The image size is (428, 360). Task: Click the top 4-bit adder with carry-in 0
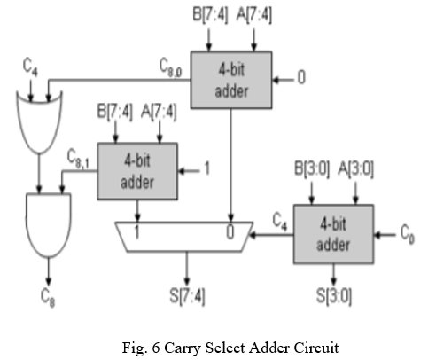[231, 80]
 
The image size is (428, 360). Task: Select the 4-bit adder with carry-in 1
[137, 171]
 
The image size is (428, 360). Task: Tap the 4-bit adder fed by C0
[333, 234]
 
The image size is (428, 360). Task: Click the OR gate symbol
[39, 122]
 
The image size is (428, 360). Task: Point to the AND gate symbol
[49, 225]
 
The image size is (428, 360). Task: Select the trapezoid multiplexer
[184, 237]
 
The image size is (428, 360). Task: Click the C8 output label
[48, 298]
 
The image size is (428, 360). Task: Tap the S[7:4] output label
[187, 296]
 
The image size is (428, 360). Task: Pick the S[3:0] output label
[334, 296]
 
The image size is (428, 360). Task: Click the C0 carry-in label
[408, 234]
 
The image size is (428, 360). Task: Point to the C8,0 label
[171, 67]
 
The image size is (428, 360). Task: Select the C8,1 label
[78, 159]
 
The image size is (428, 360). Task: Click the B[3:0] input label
[312, 169]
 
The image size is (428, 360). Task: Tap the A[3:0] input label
[355, 169]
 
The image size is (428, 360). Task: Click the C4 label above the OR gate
[30, 67]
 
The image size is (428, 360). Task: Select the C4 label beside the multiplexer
[280, 222]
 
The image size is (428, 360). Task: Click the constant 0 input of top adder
[301, 77]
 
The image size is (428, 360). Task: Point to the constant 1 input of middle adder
[207, 168]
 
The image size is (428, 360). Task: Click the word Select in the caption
[226, 348]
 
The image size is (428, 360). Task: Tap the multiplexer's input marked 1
[136, 231]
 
